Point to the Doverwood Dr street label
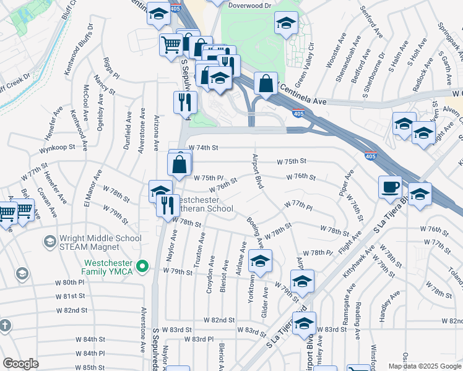(x=250, y=6)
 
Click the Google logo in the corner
(x=20, y=364)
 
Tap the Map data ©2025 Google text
(x=424, y=366)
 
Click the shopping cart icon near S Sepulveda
(x=171, y=43)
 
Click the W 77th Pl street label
(x=298, y=204)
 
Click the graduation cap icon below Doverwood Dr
(x=285, y=24)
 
